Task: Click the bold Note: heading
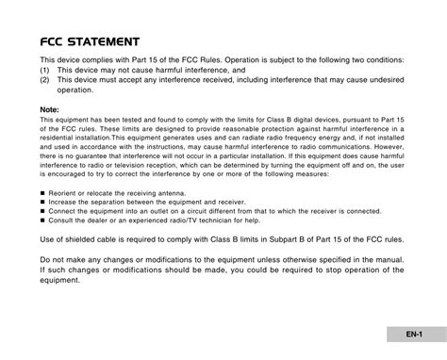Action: (x=51, y=109)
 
